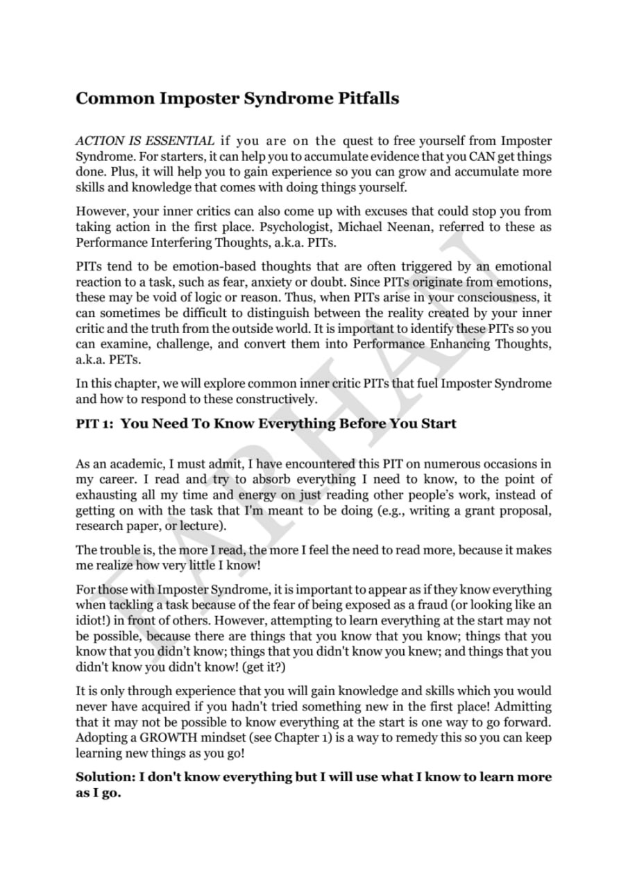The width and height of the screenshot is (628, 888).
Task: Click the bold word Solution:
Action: tap(105, 777)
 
